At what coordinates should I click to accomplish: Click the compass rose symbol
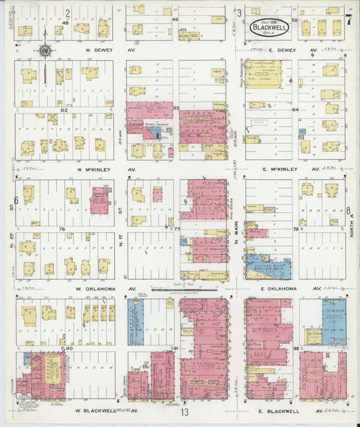tap(45, 49)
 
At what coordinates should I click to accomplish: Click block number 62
tap(64, 109)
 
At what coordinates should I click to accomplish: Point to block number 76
tap(61, 229)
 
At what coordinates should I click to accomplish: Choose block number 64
tap(294, 109)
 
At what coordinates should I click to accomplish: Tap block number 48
tap(65, 23)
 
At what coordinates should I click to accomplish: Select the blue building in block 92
tap(334, 324)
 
